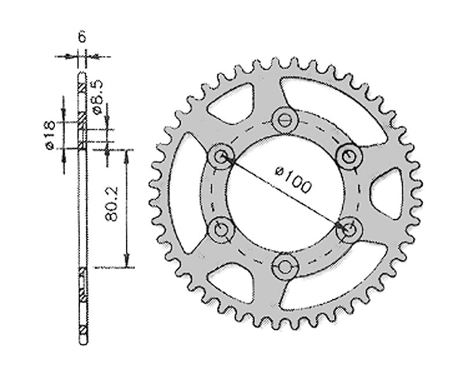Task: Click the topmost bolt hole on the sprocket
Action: (x=284, y=119)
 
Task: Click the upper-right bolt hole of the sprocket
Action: (x=348, y=155)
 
